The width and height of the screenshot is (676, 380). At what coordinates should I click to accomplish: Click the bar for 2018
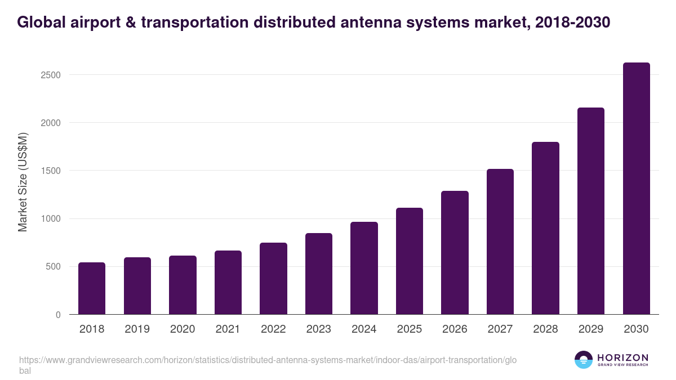coord(92,288)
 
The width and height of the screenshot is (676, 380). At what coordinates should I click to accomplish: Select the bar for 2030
coord(636,189)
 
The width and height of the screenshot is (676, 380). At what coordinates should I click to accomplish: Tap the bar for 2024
coord(364,268)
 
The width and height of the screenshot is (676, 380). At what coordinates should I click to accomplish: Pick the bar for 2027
coord(500,242)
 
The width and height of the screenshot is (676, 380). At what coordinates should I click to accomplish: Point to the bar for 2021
coord(228,283)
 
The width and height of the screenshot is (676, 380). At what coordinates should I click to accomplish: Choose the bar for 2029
coord(591,211)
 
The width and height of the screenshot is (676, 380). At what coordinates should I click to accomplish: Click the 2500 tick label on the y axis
coord(50,75)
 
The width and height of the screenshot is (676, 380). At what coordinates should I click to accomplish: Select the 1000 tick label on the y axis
coord(50,219)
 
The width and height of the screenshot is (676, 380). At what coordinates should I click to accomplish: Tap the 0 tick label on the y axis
coord(57,315)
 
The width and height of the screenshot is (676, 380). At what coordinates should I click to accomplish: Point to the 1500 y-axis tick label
coord(50,171)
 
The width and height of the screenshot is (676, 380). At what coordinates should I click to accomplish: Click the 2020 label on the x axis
coord(183,329)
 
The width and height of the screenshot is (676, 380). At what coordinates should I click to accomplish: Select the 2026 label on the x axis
coord(455,329)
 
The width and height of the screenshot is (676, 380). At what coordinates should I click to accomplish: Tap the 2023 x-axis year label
coord(319,329)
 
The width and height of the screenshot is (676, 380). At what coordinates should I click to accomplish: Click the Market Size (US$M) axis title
coord(23,182)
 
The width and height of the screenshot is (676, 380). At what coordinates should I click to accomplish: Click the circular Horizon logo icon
coord(584,360)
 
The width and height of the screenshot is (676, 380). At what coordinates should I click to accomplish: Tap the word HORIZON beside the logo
coord(622,357)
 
